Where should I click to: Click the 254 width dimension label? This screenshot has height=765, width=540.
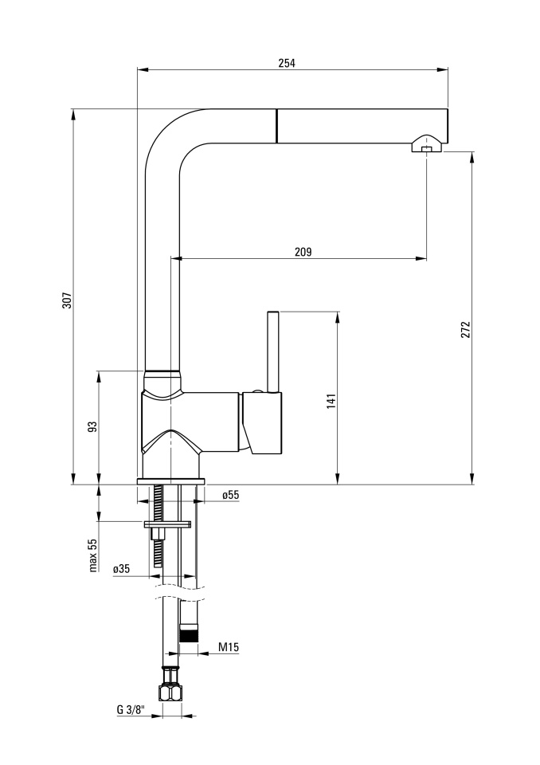(x=287, y=62)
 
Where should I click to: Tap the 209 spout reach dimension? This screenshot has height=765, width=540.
(x=303, y=252)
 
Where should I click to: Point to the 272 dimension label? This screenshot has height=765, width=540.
(x=465, y=330)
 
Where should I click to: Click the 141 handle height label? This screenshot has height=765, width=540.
(x=331, y=401)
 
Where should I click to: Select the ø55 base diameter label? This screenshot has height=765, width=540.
(x=231, y=495)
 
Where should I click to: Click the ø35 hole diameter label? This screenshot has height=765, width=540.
(x=122, y=568)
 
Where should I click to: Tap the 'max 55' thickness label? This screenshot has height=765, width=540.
(x=93, y=555)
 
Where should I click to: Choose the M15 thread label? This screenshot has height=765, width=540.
(x=229, y=647)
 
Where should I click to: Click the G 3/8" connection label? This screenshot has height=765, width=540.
(x=131, y=710)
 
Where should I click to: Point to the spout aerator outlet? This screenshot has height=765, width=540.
(x=426, y=149)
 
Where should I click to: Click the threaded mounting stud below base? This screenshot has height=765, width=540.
(x=158, y=526)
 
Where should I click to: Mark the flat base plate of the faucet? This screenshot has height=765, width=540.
(x=171, y=481)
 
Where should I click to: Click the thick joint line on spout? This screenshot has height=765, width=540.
(x=276, y=126)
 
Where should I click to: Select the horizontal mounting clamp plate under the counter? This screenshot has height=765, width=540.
(x=166, y=524)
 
